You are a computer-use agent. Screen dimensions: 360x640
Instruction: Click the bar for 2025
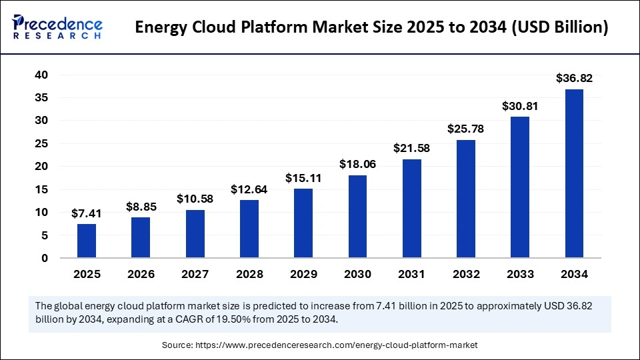tap(87, 241)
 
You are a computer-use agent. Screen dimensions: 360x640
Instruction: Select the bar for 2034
tap(574, 173)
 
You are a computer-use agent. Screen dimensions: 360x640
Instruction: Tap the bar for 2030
tap(357, 216)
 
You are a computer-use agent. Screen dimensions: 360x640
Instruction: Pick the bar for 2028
tap(249, 229)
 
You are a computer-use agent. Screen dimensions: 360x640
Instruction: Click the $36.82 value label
tap(574, 79)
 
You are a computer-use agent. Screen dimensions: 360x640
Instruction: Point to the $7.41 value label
tap(87, 213)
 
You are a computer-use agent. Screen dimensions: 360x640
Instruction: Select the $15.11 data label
tap(303, 178)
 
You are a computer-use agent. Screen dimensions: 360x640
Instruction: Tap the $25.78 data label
tap(466, 129)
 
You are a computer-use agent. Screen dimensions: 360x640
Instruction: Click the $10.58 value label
tap(195, 199)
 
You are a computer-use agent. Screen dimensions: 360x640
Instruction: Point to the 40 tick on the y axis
tap(41, 75)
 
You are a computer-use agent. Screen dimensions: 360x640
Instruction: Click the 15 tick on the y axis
tap(41, 189)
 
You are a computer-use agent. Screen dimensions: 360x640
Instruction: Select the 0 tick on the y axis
tap(45, 258)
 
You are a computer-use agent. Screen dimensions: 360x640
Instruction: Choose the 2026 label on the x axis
tap(141, 274)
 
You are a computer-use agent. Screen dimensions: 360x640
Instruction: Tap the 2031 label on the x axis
tap(411, 274)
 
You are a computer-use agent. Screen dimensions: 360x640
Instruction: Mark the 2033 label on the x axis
tap(520, 274)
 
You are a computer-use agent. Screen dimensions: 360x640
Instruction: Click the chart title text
tap(371, 29)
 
